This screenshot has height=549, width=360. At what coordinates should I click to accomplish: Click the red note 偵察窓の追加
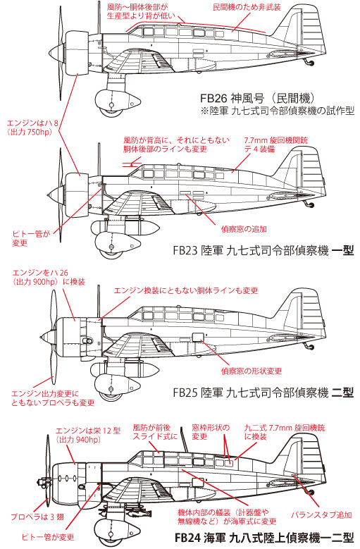[x=244, y=229]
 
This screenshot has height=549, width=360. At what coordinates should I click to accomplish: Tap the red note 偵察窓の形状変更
[x=252, y=371]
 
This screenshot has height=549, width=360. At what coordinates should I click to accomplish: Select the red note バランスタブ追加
[x=321, y=515]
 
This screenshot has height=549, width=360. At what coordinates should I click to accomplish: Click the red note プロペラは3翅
[x=37, y=517]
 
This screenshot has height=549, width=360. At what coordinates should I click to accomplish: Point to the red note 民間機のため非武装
[x=247, y=7]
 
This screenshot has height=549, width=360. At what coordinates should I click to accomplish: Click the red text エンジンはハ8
[x=32, y=123]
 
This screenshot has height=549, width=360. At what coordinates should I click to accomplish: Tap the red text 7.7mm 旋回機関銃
[x=276, y=140]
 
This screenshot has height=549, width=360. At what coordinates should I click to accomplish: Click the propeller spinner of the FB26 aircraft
[x=55, y=54]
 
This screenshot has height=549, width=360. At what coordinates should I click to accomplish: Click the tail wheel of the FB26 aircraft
[x=311, y=63]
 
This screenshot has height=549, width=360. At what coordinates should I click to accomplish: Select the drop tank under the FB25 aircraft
[x=125, y=370]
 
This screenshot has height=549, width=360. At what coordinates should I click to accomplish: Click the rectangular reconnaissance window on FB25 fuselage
[x=198, y=337]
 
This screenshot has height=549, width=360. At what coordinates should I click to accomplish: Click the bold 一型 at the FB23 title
[x=343, y=251]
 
